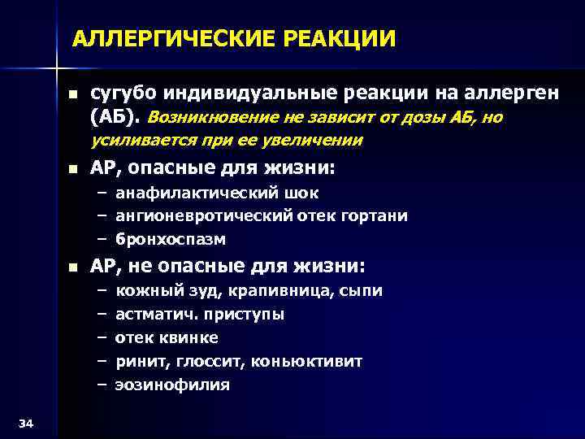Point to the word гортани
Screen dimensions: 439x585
pos(376,216)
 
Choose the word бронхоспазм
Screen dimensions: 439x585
pos(171,240)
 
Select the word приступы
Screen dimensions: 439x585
pos(247,315)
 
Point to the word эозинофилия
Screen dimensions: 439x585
pos(172,385)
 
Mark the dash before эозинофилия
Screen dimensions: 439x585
pos(102,385)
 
